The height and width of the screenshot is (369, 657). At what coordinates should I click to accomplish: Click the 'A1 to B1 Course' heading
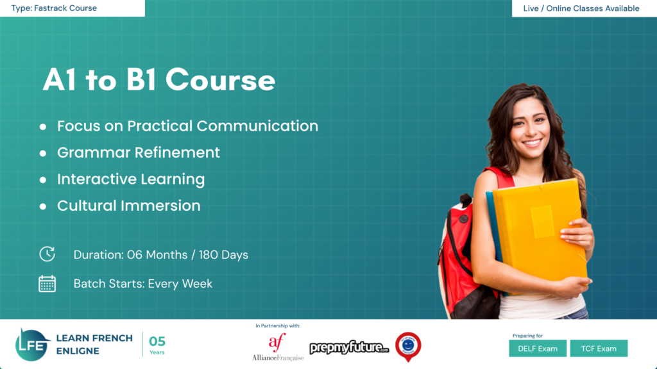[x=158, y=81]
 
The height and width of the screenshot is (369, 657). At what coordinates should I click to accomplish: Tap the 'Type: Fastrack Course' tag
[x=54, y=8]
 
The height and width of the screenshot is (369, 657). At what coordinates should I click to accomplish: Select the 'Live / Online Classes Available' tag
[x=581, y=8]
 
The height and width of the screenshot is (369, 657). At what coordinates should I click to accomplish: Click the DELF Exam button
[x=538, y=348]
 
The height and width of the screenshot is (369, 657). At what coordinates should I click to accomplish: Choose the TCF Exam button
[x=598, y=348]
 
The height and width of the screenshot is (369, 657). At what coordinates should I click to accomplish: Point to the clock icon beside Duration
[x=47, y=254]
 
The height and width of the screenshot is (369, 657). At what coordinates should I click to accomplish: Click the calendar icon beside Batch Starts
[x=47, y=284]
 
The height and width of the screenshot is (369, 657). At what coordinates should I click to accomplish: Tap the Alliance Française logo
[x=277, y=348]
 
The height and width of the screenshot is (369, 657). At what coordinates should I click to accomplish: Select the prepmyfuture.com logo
[x=349, y=348]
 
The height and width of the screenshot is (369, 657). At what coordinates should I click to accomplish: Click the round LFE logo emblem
[x=32, y=345]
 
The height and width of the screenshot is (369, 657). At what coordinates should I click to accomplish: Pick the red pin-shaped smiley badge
[x=407, y=346]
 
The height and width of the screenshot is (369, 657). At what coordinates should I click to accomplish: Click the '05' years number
[x=157, y=341]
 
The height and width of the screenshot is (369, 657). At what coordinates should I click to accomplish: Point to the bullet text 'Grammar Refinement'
[x=138, y=152]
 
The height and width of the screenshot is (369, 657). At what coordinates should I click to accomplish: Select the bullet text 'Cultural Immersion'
[x=128, y=206]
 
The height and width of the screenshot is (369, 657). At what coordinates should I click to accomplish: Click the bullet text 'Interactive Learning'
[x=131, y=179]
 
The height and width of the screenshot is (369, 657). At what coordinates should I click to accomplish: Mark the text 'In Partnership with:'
[x=277, y=326]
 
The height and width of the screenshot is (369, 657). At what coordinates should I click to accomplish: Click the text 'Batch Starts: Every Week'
[x=142, y=284]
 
